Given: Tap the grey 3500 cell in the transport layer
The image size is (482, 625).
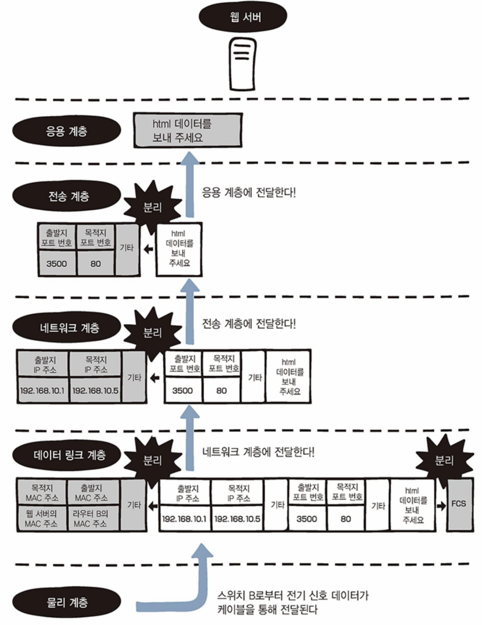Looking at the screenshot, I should (x=57, y=264).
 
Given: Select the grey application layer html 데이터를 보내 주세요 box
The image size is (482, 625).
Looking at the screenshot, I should (x=187, y=130).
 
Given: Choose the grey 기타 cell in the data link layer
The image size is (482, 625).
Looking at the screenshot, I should (x=133, y=504).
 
